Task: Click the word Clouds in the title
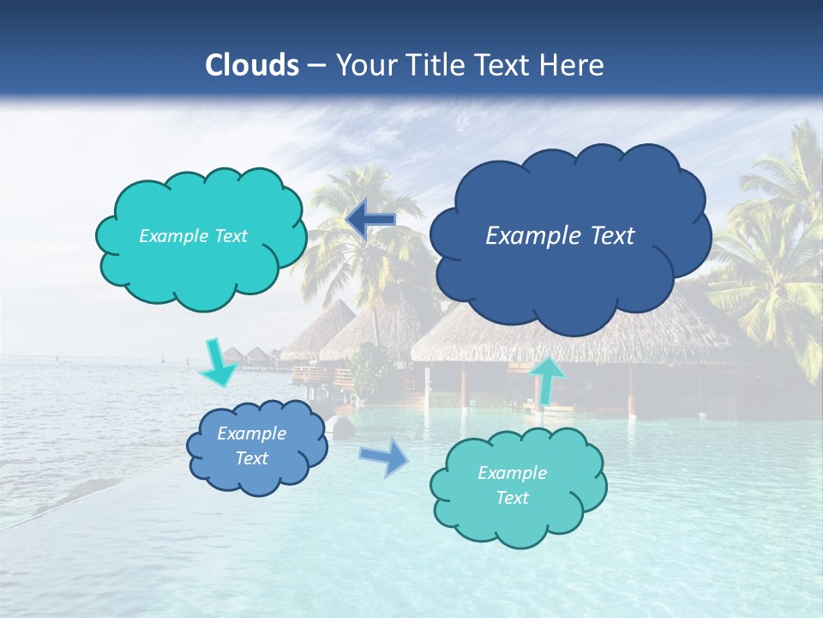[x=251, y=65]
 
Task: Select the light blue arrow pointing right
[x=385, y=457]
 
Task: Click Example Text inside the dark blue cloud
[x=560, y=236]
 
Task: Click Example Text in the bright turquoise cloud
[x=193, y=236]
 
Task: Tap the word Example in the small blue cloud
[x=251, y=433]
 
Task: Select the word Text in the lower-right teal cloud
[x=512, y=498]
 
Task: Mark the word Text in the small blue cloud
[x=251, y=458]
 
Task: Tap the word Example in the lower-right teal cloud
[x=512, y=473]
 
